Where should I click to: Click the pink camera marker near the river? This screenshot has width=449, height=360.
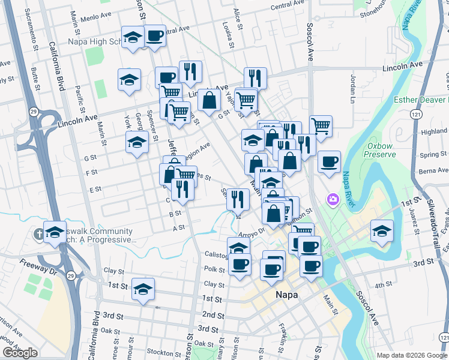point(332,199)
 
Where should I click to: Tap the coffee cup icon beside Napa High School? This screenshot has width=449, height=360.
point(155,37)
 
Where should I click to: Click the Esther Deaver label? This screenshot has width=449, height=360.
point(420,100)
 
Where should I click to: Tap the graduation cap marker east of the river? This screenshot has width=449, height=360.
point(381,230)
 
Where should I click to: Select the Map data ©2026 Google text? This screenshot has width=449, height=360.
point(411,355)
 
